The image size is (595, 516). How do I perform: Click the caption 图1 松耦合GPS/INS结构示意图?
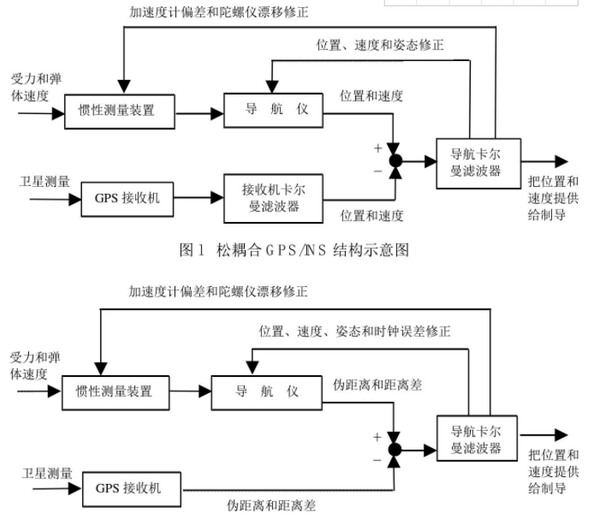coord(294,250)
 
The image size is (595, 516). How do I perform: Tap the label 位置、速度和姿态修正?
coord(380,45)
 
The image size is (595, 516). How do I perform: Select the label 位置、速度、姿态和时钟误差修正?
coord(355,331)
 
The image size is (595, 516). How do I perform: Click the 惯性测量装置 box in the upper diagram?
coord(118,110)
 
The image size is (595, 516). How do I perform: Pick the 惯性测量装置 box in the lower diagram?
coord(116,391)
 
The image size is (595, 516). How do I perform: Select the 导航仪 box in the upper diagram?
coord(272,109)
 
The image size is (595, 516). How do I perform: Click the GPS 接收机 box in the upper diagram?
coord(127,198)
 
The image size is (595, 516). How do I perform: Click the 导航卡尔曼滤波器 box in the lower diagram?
coord(470,440)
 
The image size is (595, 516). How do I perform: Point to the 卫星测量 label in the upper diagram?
coord(45,181)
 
